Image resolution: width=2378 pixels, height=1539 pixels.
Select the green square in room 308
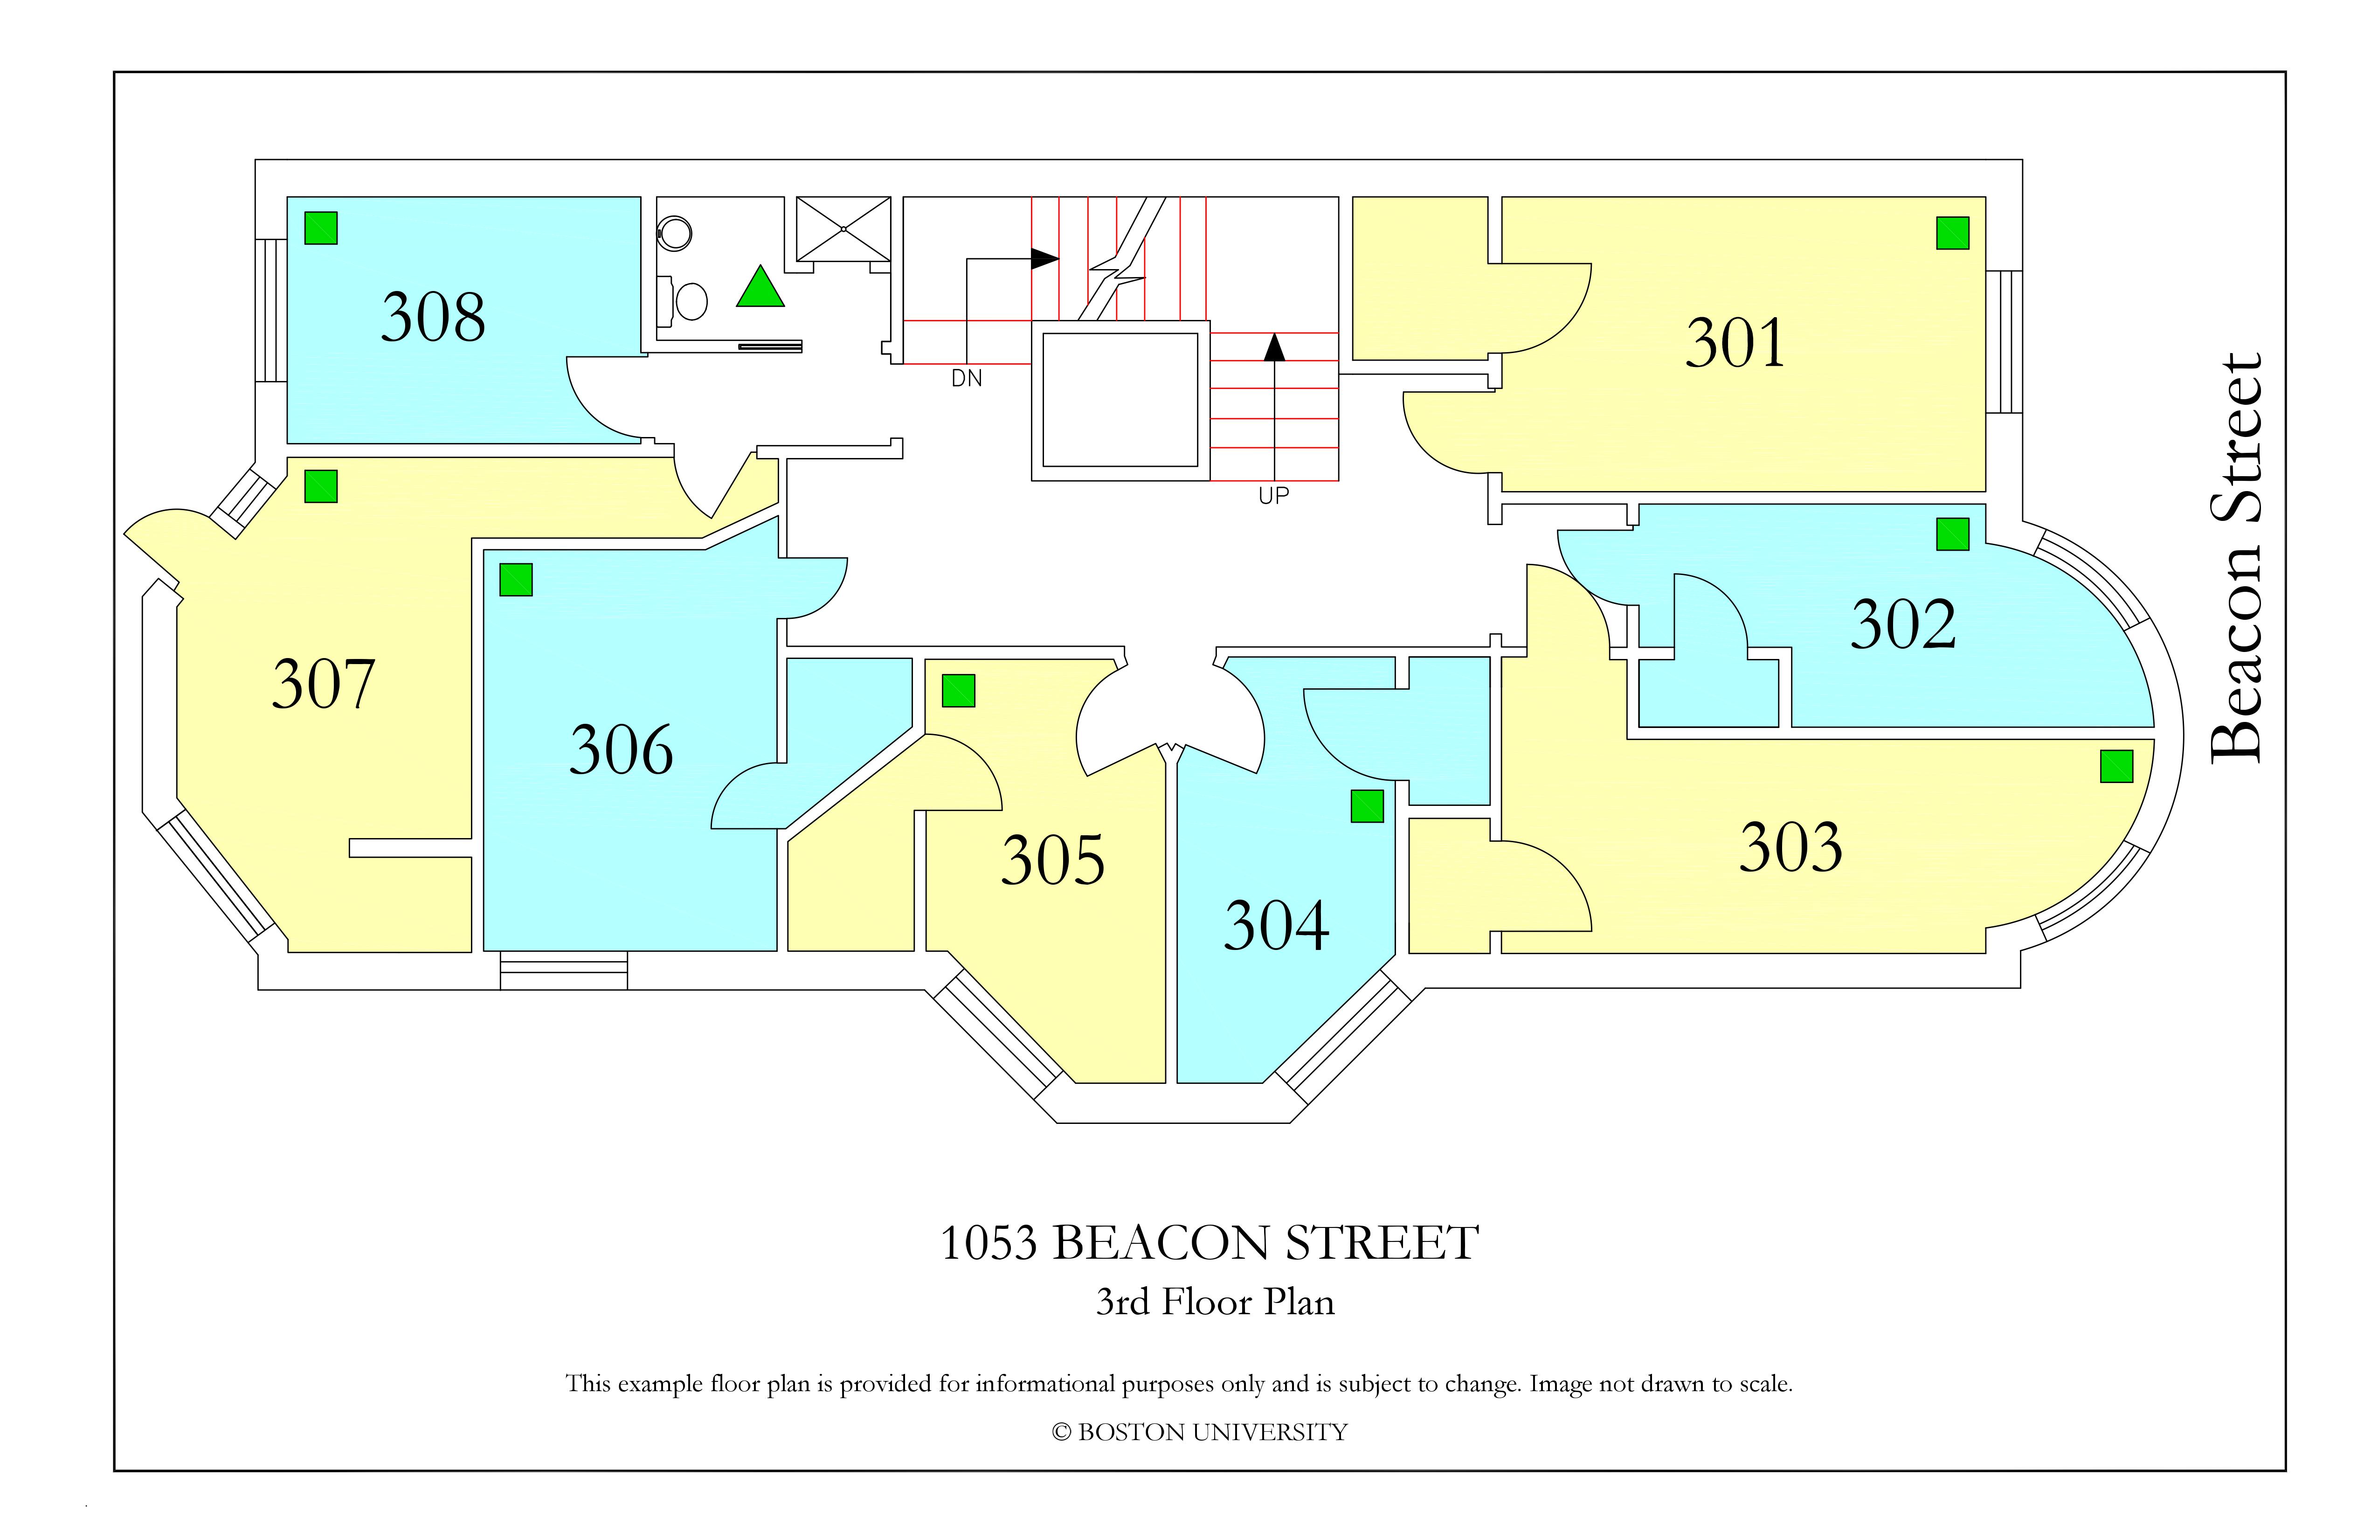tap(321, 228)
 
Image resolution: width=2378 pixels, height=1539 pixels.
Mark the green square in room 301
tap(1952, 233)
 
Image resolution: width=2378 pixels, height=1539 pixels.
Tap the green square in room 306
tap(516, 580)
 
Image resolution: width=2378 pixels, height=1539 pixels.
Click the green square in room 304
tap(1367, 805)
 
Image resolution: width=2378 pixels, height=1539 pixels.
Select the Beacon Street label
tap(2236, 558)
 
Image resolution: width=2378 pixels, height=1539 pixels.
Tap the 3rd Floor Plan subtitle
tap(1215, 1301)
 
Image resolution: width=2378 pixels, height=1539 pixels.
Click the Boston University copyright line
tap(1199, 1432)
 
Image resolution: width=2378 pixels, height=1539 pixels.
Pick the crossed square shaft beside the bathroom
tap(843, 229)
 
